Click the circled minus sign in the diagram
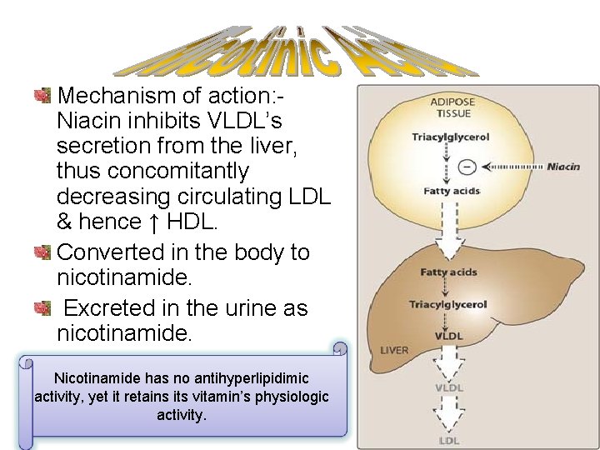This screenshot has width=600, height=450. pos(467,166)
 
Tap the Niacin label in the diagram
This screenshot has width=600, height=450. pos(563,167)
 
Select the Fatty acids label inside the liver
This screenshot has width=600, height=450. pos(448,272)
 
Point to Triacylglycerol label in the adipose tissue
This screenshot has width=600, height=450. pos(450,136)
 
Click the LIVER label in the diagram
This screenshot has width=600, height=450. pos(394,350)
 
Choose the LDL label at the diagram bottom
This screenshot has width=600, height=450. pos(449,439)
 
